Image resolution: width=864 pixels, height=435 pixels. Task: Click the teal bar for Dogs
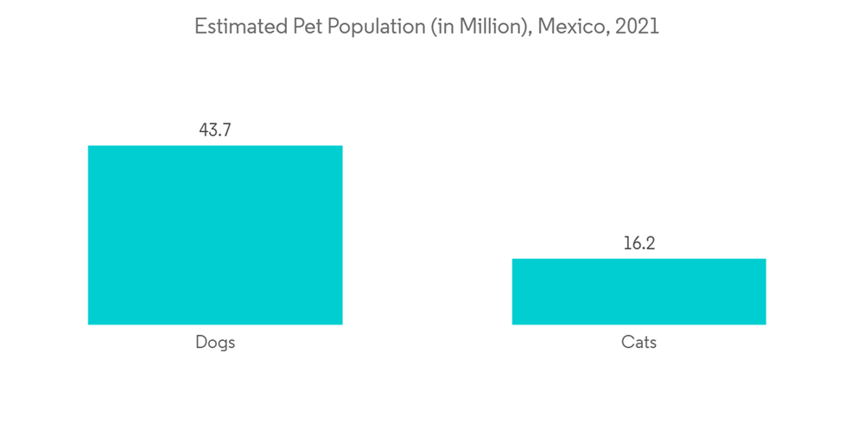point(215,235)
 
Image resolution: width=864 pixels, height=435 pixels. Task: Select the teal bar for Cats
point(638,292)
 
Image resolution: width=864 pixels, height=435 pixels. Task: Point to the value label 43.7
point(215,130)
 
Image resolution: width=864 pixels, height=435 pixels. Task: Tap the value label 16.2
point(638,243)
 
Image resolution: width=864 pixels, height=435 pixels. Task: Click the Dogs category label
point(215,343)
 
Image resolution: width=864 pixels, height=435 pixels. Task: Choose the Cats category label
point(638,343)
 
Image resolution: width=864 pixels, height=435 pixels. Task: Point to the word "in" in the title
point(442,27)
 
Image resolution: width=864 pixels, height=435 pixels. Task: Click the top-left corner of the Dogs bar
point(89,146)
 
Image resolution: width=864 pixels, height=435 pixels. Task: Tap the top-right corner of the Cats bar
point(766,259)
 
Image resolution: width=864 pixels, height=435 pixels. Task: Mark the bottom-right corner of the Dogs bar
point(342,325)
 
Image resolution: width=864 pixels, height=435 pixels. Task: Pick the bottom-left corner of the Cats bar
point(512,325)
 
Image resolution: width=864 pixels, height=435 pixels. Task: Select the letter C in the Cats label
point(626,343)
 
